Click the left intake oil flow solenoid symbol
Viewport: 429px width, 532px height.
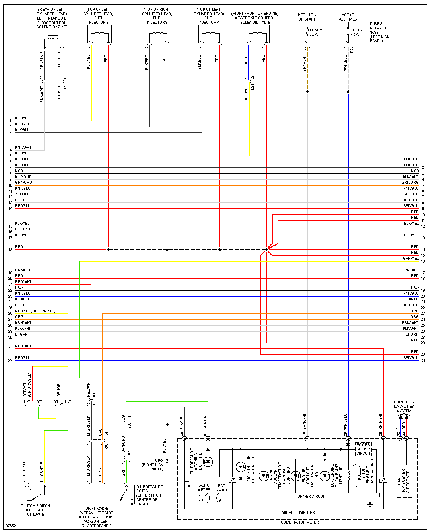(53, 40)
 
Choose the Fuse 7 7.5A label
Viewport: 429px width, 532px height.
(356, 32)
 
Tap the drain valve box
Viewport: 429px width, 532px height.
(97, 495)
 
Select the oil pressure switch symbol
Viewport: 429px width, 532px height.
(126, 494)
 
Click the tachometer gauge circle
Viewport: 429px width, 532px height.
(204, 498)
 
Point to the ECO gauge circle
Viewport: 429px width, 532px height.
(222, 498)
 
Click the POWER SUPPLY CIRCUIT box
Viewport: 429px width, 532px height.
(363, 449)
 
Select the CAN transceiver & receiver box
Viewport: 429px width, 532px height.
(404, 481)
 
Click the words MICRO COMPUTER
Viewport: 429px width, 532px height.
(298, 513)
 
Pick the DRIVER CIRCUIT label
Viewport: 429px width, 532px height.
(311, 497)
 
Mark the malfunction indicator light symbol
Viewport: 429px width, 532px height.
(241, 467)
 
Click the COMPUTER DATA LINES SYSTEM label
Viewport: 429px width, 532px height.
(404, 406)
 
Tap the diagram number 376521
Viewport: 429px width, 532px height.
(12, 526)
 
